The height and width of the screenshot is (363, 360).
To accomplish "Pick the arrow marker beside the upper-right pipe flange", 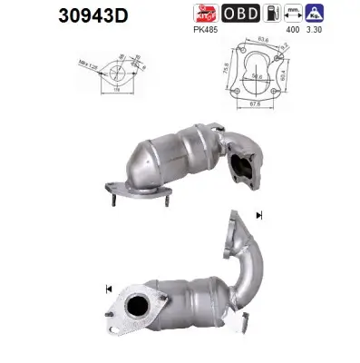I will pos(261,215).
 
